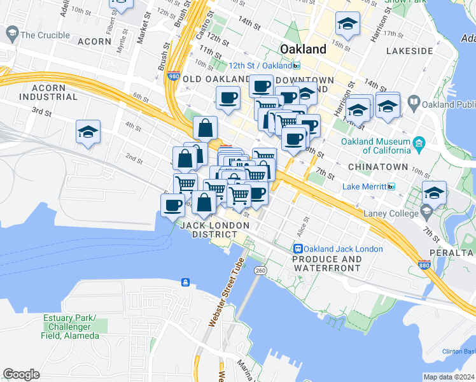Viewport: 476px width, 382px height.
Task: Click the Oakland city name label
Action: pos(304,49)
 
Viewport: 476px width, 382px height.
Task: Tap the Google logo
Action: pos(21,374)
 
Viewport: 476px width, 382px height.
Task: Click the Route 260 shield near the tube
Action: pos(260,271)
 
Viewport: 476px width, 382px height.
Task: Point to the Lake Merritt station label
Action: pos(365,187)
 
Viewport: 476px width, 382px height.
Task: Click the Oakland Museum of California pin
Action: pos(419,141)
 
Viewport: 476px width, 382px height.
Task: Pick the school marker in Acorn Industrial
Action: pos(88,132)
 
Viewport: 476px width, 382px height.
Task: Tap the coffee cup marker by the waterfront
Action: pos(172,205)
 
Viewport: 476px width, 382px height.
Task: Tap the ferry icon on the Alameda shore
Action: pos(185,282)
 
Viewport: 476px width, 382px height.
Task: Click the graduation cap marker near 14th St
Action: pos(347,24)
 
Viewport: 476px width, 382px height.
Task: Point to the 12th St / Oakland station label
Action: pos(261,65)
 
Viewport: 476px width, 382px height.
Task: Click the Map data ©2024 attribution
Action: pos(449,377)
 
